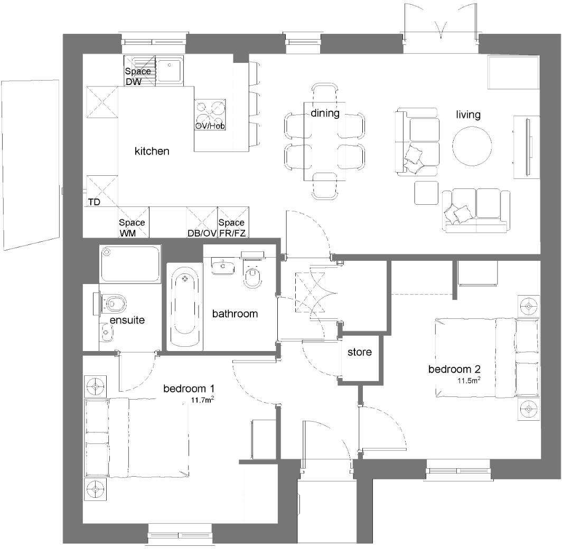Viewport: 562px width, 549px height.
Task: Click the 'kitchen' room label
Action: click(152, 151)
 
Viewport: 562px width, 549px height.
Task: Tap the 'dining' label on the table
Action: click(325, 113)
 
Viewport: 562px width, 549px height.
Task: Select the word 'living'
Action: click(468, 115)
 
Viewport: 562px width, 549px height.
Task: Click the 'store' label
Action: click(360, 352)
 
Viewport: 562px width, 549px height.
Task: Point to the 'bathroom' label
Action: click(235, 314)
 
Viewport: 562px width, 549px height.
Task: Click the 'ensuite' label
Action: click(127, 320)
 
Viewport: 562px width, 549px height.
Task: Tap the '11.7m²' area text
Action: click(202, 400)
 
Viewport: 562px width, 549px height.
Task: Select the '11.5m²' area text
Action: click(469, 380)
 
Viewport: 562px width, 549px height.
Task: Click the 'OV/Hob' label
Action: click(210, 126)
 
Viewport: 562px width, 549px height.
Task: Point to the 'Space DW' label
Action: click(138, 77)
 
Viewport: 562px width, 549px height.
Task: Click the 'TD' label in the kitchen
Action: click(94, 202)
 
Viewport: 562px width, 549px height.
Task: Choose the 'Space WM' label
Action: click(132, 228)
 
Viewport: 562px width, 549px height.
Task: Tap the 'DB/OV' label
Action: click(202, 233)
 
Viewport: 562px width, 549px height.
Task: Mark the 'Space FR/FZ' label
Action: click(232, 228)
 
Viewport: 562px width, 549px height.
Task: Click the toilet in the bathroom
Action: click(253, 275)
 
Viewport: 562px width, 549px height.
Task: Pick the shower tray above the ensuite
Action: click(130, 264)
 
